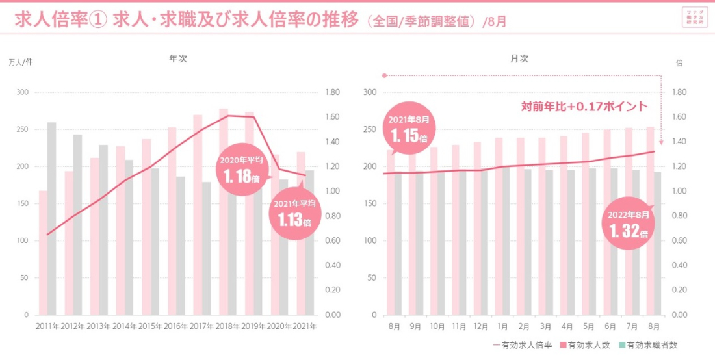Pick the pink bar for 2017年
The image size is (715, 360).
point(198,214)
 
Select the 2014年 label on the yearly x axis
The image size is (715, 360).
point(125,326)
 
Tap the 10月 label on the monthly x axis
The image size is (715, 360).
point(437,326)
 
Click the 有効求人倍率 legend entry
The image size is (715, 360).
point(523,345)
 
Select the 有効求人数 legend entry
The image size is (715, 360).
point(585,345)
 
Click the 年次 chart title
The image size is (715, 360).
point(178,58)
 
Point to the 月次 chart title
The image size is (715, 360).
point(519,58)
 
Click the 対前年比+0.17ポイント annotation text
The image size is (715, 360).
point(584,106)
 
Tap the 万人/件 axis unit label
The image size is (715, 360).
point(21,62)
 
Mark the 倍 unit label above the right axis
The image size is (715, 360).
point(679,63)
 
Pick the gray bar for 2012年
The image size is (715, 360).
point(77,224)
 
